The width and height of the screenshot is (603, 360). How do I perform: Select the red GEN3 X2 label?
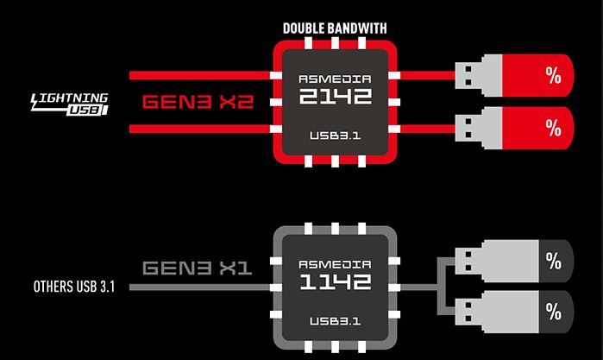click(x=198, y=101)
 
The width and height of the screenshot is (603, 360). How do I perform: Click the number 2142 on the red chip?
click(x=334, y=95)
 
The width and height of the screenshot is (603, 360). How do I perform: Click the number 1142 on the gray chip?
click(x=334, y=281)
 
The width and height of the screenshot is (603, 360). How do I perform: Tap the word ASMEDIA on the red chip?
click(x=334, y=75)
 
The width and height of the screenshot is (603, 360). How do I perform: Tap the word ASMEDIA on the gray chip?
click(x=334, y=262)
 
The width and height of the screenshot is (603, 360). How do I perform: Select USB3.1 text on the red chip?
click(x=334, y=136)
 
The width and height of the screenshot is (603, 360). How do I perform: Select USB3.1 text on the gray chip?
click(x=334, y=321)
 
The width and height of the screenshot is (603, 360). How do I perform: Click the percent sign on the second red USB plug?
click(x=553, y=127)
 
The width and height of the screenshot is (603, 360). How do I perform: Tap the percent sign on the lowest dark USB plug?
click(x=553, y=308)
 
